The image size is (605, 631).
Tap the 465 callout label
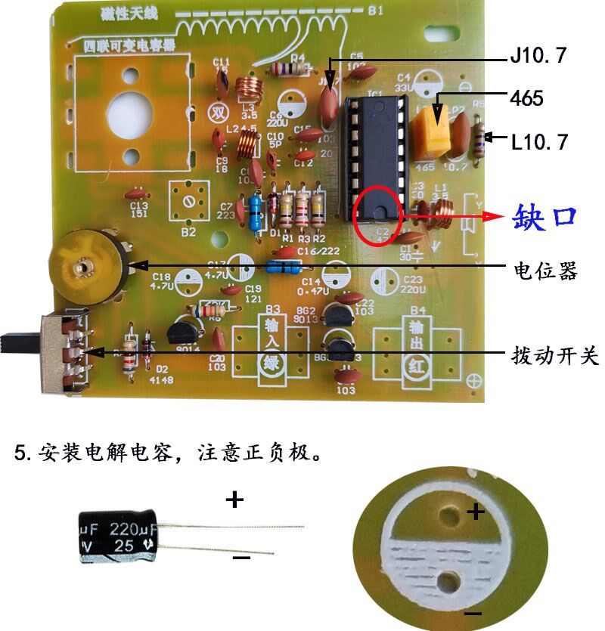click(x=527, y=97)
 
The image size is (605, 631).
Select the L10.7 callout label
click(x=538, y=140)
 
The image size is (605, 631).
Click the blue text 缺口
click(x=544, y=217)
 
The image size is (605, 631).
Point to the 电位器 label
click(x=545, y=270)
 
